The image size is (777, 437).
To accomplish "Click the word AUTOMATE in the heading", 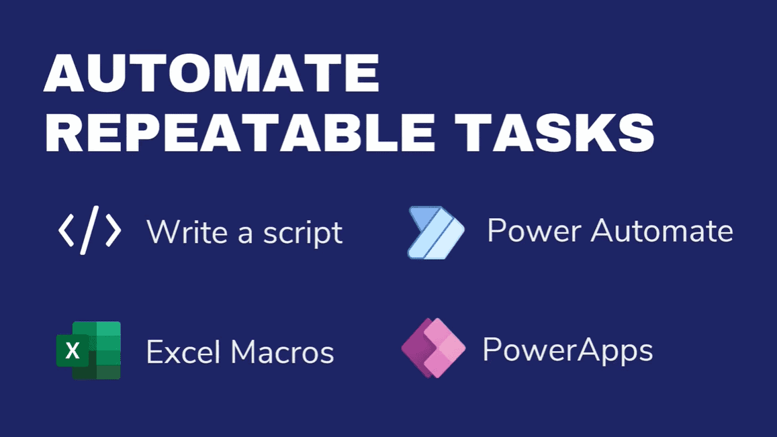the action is coord(212,72).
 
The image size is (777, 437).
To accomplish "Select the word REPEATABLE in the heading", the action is coord(240,132).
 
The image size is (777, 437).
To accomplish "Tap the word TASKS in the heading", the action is coord(555,132).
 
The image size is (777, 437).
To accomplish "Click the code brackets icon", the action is coord(90,230).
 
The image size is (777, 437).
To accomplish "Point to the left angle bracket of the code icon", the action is coord(66,230).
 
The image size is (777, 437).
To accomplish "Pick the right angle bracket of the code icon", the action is coord(113,230).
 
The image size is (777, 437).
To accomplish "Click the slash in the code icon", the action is coord(90,230).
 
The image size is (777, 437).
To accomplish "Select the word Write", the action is coord(187,231).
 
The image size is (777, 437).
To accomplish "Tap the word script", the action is coord(303,233).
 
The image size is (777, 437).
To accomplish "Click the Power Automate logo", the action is coord(436,232).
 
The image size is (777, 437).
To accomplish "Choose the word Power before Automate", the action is coord(534,230).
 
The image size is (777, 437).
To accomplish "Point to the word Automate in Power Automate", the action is coord(662,230).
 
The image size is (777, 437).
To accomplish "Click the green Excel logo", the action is coord(89,350).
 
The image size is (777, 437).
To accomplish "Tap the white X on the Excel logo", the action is coord(73,351).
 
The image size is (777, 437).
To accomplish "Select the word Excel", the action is coord(183,352).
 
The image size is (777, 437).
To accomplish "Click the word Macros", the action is coord(283,352).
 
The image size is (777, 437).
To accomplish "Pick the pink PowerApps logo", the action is coord(434,348).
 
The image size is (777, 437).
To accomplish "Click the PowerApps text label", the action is coord(568,351).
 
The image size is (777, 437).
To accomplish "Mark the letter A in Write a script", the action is coord(245,234).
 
